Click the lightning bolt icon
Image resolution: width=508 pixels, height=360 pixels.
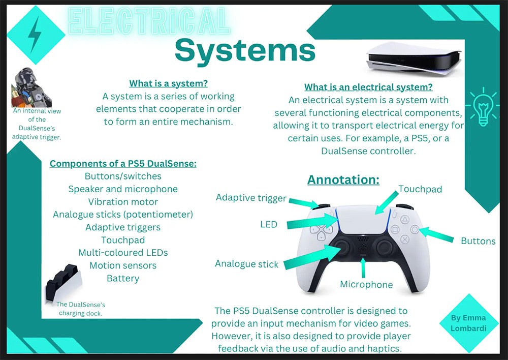click(x=35, y=35)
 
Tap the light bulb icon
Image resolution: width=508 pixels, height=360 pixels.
click(x=483, y=107)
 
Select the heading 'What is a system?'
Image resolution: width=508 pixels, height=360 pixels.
click(x=169, y=83)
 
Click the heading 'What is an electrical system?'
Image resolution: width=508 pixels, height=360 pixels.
click(x=368, y=87)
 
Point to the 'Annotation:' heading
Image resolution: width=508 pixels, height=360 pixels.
click(x=343, y=179)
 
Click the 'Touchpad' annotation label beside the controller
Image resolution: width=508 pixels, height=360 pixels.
click(x=420, y=189)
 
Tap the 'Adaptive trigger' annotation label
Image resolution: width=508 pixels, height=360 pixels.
click(x=251, y=198)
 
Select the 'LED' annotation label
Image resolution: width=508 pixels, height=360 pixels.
click(x=269, y=224)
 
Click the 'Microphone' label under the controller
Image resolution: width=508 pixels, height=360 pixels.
click(x=366, y=284)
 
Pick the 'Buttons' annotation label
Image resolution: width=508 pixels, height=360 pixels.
click(x=478, y=241)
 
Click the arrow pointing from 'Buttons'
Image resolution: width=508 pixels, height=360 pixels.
click(x=436, y=234)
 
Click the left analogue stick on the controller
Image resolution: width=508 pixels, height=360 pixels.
click(x=341, y=248)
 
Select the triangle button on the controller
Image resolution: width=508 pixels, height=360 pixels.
click(x=405, y=220)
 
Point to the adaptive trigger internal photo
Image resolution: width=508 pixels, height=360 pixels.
click(x=31, y=87)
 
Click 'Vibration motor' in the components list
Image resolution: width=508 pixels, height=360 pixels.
click(x=123, y=202)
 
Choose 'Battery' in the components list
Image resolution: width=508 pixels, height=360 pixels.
click(x=123, y=278)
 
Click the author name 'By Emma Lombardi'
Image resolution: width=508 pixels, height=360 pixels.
click(x=468, y=323)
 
